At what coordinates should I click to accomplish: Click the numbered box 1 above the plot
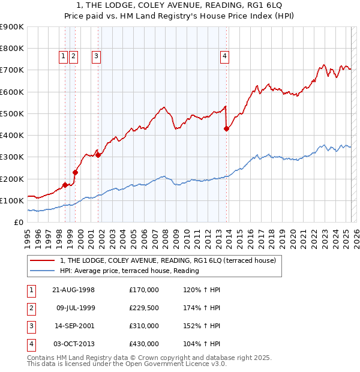[63, 57]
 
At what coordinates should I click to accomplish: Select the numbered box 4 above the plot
[224, 57]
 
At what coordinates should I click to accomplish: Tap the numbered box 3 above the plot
[96, 57]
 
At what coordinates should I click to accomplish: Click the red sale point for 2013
[226, 128]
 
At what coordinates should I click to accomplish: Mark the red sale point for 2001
[98, 155]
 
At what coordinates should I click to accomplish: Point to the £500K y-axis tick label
[12, 113]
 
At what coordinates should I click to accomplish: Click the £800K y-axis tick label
[12, 48]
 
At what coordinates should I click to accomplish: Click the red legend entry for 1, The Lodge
[167, 260]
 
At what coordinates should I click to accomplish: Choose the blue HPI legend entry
[129, 271]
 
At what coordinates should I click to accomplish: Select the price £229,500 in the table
[144, 308]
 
